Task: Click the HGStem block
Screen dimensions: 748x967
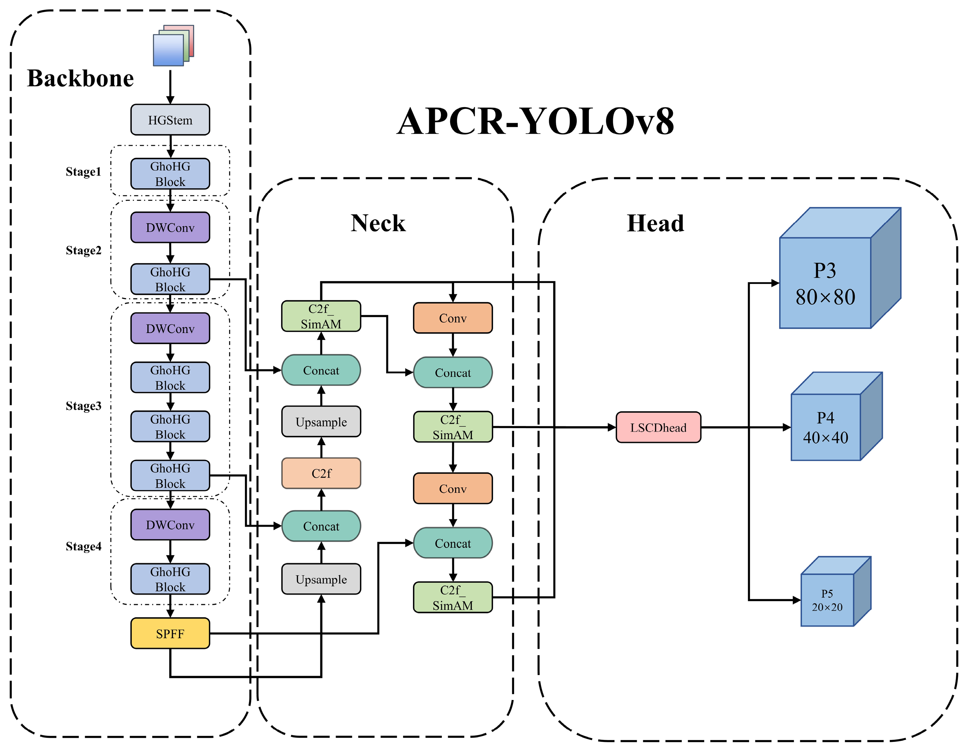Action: tap(170, 120)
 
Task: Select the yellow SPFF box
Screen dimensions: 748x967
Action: tap(170, 633)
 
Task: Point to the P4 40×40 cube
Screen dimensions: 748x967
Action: tap(826, 427)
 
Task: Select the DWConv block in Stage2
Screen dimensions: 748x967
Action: tap(170, 228)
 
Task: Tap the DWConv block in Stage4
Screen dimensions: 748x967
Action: tap(170, 525)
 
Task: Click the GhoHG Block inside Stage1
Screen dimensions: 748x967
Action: tap(170, 174)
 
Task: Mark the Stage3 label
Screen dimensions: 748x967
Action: tap(83, 406)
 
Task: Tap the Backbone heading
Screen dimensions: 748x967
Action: tap(80, 78)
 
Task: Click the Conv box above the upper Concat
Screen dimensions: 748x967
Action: tap(453, 318)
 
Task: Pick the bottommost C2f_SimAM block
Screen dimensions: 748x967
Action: tap(453, 597)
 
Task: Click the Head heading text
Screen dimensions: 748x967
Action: tap(655, 223)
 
